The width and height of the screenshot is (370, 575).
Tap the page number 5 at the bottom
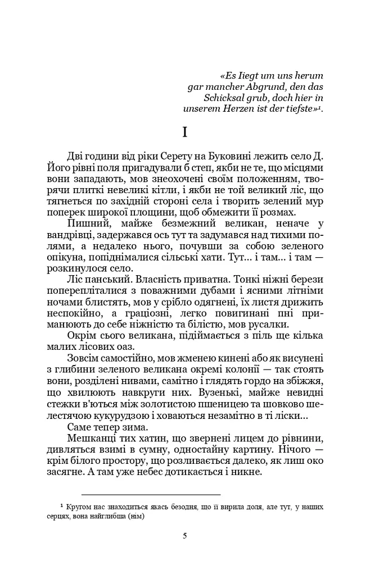tap(185, 535)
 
